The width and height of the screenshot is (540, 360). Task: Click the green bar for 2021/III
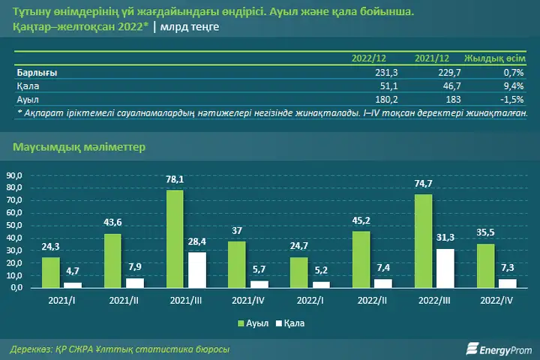pos(175,238)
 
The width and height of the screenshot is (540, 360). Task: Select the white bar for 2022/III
pos(445,268)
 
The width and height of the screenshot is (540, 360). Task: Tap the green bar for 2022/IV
pos(485,265)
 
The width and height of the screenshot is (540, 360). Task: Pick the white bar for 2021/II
pos(135,283)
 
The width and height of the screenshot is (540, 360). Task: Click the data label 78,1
pos(175,179)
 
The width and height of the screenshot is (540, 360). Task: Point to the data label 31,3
pos(445,237)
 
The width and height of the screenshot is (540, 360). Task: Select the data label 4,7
pos(73,271)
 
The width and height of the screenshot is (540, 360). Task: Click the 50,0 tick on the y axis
pos(14,225)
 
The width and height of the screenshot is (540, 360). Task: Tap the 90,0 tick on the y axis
pos(14,175)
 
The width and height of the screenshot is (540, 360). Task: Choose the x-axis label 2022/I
pos(310,301)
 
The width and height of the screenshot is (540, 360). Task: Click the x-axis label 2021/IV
pos(248,301)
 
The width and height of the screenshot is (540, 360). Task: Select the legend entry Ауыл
pos(253,323)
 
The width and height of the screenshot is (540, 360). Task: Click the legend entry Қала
pos(290,323)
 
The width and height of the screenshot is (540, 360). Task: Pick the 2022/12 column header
pos(369,58)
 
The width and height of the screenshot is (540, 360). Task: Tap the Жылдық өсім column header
pos(495,58)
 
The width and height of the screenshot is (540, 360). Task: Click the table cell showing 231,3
pos(386,73)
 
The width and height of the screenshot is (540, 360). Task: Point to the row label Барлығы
pos(37,73)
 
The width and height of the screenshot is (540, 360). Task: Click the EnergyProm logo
pos(499,349)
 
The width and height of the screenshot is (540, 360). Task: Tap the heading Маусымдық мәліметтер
pos(79,147)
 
